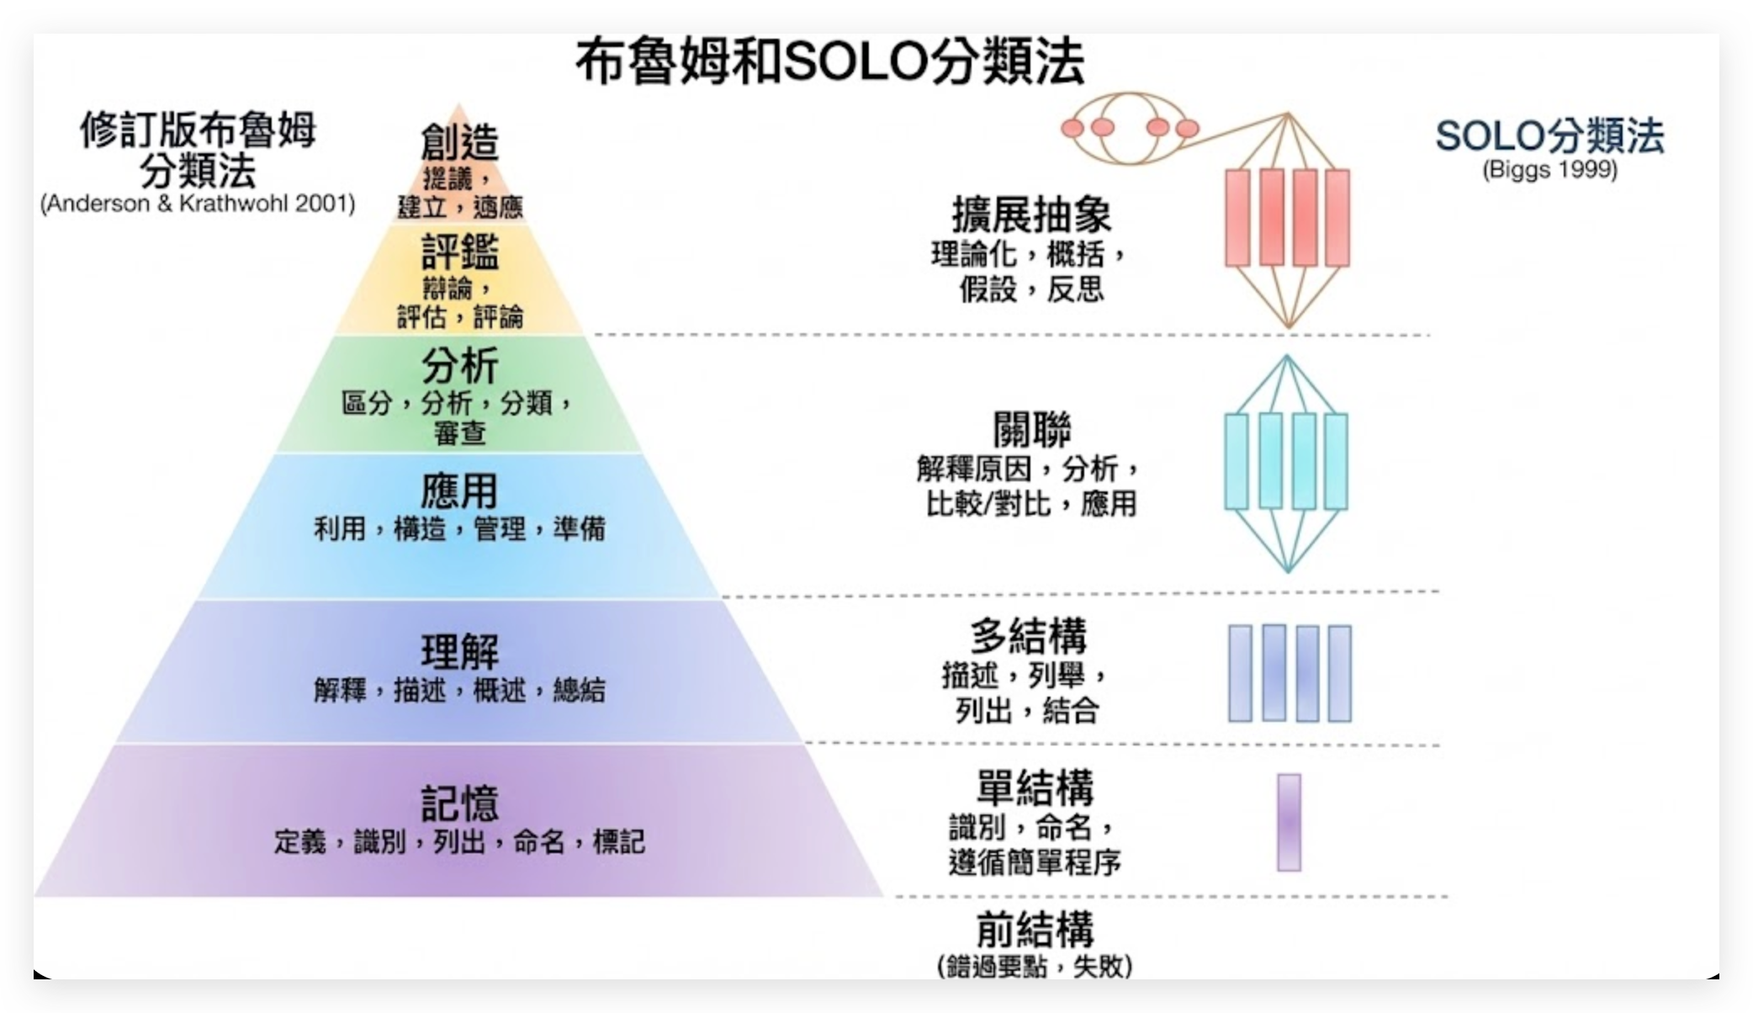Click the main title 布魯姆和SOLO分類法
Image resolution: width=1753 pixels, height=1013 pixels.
pyautogui.click(x=829, y=62)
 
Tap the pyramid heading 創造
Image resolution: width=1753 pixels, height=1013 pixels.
pyautogui.click(x=459, y=141)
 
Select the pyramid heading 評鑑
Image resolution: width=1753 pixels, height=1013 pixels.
pyautogui.click(x=459, y=252)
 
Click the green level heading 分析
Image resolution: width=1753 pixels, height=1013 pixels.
pyautogui.click(x=459, y=366)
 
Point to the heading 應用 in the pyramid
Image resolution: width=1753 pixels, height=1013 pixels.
pyautogui.click(x=459, y=491)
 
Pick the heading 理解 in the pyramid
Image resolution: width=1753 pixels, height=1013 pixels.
pyautogui.click(x=459, y=651)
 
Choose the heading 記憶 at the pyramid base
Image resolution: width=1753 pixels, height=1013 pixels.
pyautogui.click(x=459, y=803)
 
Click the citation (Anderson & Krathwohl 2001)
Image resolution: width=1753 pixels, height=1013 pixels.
pyautogui.click(x=198, y=204)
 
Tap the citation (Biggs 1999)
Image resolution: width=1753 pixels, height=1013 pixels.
pyautogui.click(x=1549, y=170)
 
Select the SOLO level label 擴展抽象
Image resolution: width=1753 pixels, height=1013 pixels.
pyautogui.click(x=1031, y=215)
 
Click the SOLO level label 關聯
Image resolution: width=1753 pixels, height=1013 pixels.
pyautogui.click(x=1031, y=431)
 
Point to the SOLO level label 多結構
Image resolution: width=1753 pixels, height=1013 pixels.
pyautogui.click(x=1028, y=637)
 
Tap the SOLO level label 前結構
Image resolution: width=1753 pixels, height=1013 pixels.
pyautogui.click(x=1035, y=930)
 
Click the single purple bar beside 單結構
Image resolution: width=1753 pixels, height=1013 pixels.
pyautogui.click(x=1289, y=822)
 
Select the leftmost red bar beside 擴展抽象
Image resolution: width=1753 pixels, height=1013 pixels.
pyautogui.click(x=1237, y=218)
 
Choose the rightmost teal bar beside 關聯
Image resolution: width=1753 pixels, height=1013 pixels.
pyautogui.click(x=1336, y=461)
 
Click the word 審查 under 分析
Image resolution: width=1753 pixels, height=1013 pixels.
pyautogui.click(x=459, y=433)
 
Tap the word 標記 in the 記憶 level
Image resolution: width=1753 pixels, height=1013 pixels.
pyautogui.click(x=618, y=841)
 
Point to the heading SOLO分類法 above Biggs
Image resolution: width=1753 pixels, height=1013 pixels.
pyautogui.click(x=1549, y=136)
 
